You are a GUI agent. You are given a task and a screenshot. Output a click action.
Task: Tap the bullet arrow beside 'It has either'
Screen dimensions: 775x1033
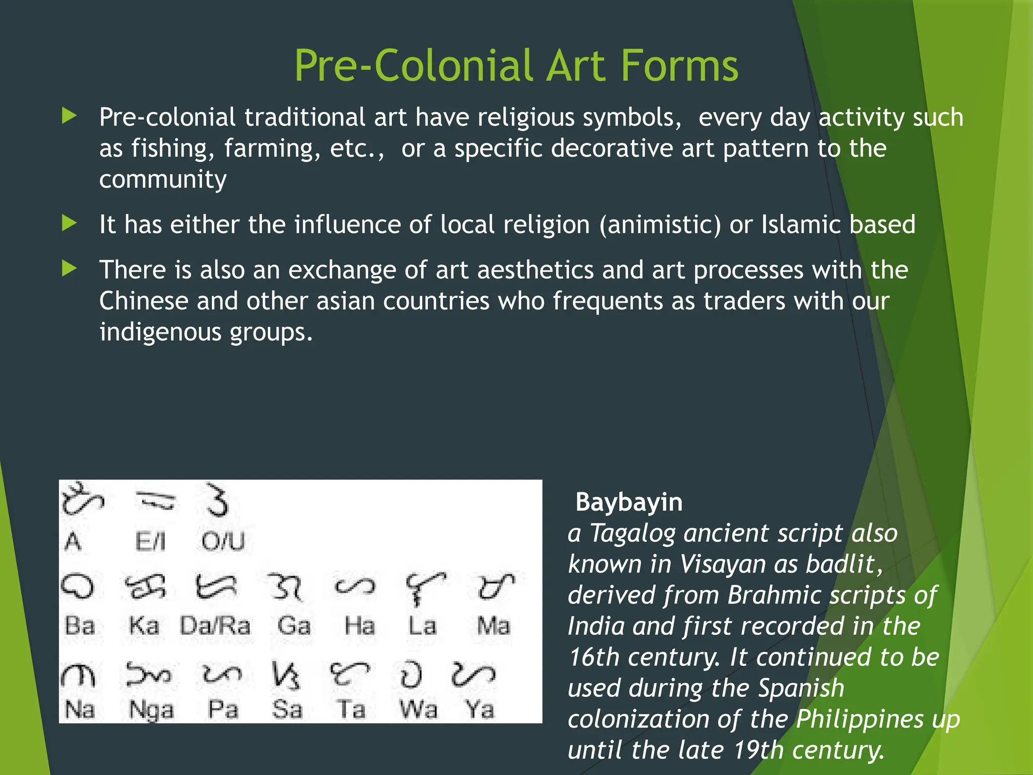[69, 223]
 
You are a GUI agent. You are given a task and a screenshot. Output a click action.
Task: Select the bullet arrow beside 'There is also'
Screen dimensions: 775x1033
[69, 268]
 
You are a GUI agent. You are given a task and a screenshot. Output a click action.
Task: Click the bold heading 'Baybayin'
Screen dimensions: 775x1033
[629, 503]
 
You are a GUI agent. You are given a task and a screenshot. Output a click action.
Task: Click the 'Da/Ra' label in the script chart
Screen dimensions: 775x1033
[215, 626]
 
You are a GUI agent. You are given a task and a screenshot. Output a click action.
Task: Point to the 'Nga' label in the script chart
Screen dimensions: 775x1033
[151, 710]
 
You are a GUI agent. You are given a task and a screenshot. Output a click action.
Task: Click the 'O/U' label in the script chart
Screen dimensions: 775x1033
[223, 542]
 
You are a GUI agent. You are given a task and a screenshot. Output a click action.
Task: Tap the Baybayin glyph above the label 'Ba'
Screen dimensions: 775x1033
[78, 587]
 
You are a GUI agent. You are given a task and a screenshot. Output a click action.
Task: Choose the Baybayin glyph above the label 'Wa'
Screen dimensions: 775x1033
[411, 675]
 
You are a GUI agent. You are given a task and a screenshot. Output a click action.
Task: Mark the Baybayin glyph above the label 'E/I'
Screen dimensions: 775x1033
[155, 501]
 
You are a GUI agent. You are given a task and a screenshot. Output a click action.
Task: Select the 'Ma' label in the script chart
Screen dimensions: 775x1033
[494, 626]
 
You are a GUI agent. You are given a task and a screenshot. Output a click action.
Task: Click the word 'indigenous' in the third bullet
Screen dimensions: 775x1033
[160, 333]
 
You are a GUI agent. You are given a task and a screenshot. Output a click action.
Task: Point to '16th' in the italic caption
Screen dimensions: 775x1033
[593, 657]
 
